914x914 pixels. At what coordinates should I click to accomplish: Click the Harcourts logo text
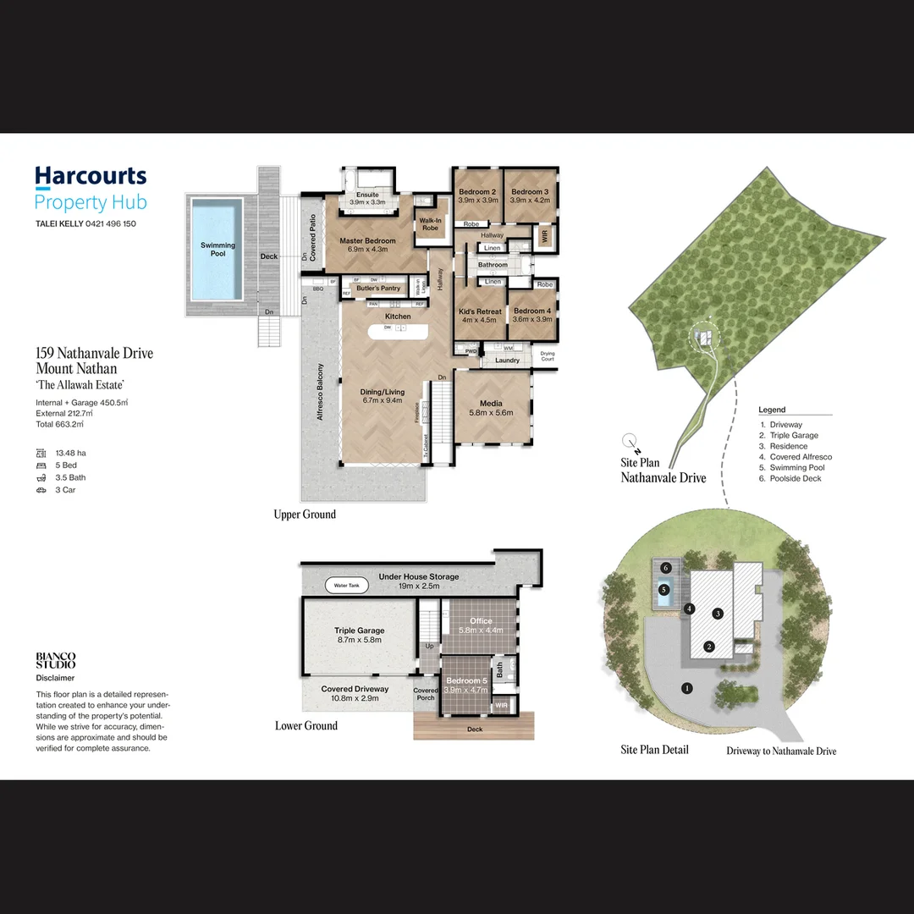coord(91,176)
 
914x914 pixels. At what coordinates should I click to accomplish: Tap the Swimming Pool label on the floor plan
coord(217,249)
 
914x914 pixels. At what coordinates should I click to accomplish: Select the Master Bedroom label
coord(367,241)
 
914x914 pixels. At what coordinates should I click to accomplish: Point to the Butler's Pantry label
coord(378,288)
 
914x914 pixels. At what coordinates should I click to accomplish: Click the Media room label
coord(491,404)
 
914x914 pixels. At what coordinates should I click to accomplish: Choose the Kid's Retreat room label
coord(480,311)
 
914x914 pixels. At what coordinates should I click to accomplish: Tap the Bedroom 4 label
coord(531,311)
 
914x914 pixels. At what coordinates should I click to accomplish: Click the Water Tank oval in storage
coord(347,586)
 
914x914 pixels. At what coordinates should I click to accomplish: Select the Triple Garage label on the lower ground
coord(359,630)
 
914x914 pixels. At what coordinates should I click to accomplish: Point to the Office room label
coord(481,621)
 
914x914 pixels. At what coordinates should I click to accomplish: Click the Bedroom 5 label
coord(467,681)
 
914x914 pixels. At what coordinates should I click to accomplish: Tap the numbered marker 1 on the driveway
coord(687,688)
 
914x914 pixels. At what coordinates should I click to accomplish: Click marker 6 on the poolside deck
coord(666,567)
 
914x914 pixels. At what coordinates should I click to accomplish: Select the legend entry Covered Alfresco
coord(801,457)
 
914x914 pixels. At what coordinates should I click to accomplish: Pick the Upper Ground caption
coord(305,515)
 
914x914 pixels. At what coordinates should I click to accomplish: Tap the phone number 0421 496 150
coord(110,224)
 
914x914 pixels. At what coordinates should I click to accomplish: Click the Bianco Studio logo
coord(56,660)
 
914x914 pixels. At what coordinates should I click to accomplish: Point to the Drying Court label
coord(548,356)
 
